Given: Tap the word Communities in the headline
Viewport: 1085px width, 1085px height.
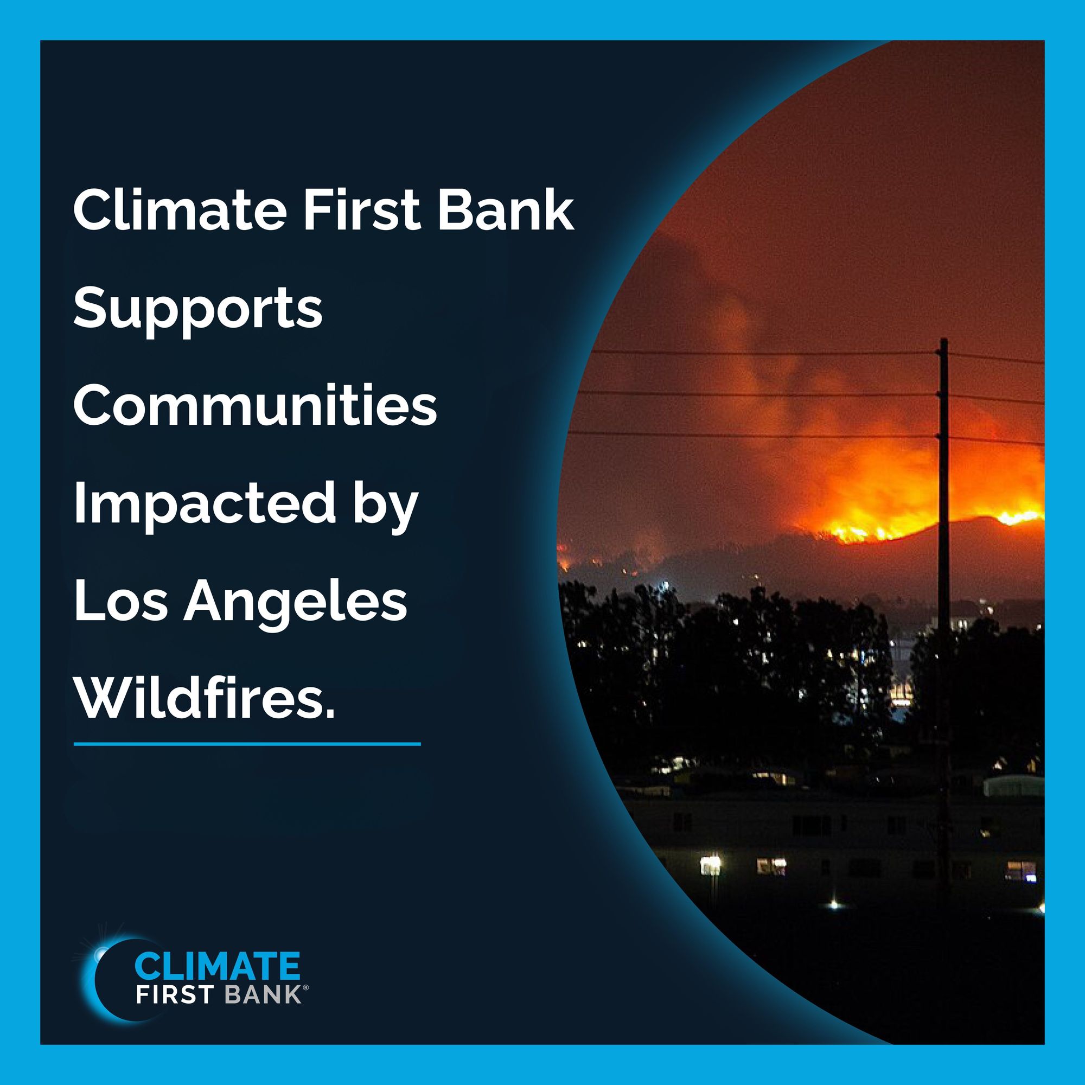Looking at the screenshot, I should coord(255,406).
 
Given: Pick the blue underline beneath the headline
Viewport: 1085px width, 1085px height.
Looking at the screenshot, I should coord(247,744).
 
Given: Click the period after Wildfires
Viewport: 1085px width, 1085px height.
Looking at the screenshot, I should coord(330,714).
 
